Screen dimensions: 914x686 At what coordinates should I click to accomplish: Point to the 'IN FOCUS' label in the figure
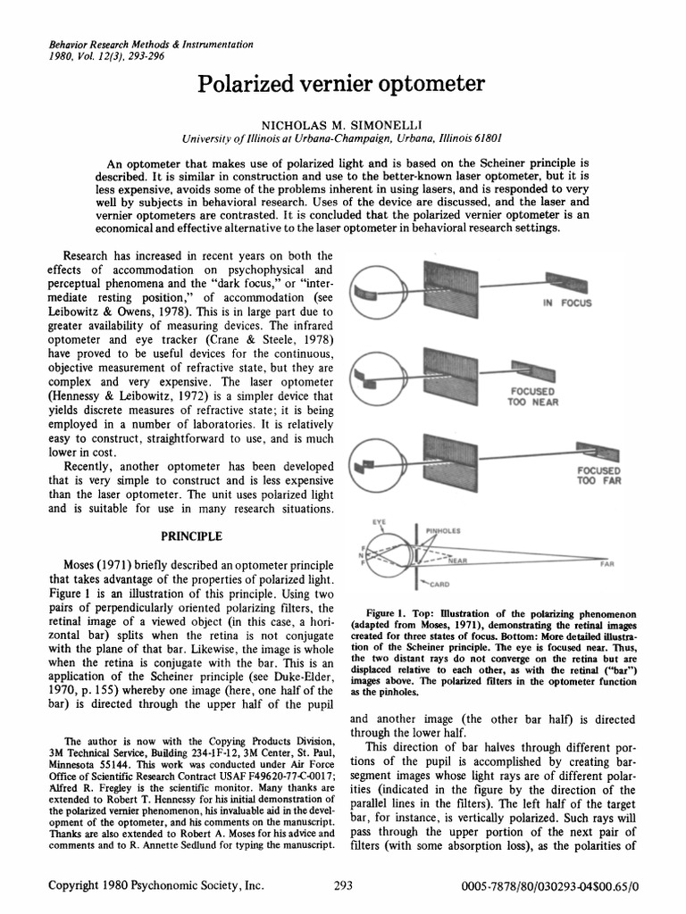point(566,303)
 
